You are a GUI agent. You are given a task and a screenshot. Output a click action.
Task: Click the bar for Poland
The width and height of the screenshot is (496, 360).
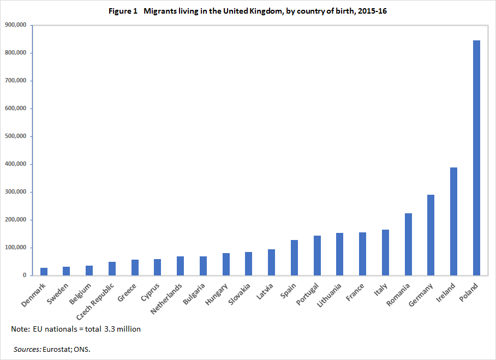(x=476, y=158)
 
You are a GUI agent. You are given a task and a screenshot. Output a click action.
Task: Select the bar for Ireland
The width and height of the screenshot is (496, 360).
(x=453, y=221)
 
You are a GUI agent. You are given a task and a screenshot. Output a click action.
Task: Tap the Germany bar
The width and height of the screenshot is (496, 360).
(x=431, y=235)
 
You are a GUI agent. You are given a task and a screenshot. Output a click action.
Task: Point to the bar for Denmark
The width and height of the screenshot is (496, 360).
(x=44, y=272)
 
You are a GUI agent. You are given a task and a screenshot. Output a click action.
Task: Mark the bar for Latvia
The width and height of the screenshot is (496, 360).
(x=271, y=262)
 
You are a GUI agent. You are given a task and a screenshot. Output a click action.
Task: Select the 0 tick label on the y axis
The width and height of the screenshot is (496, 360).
(x=24, y=275)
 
